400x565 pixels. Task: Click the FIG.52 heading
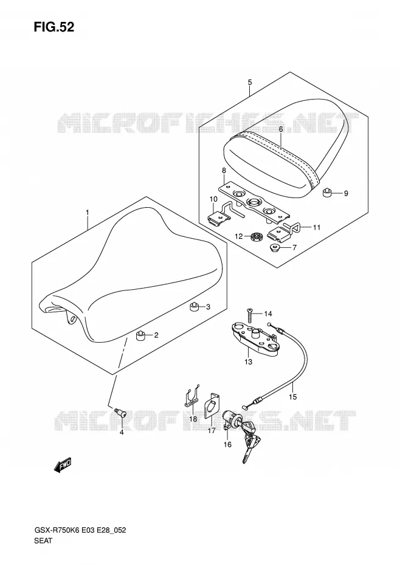(53, 27)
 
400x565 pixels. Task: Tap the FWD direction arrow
(63, 465)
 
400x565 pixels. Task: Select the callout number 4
(122, 432)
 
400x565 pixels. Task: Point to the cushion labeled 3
(195, 307)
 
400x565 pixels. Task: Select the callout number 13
(248, 361)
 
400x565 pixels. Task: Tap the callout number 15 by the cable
(292, 397)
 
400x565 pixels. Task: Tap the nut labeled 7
(276, 248)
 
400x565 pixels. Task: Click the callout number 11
(317, 227)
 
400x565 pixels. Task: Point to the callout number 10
(213, 199)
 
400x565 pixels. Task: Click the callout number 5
(250, 82)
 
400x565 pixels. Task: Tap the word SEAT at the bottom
(43, 551)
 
